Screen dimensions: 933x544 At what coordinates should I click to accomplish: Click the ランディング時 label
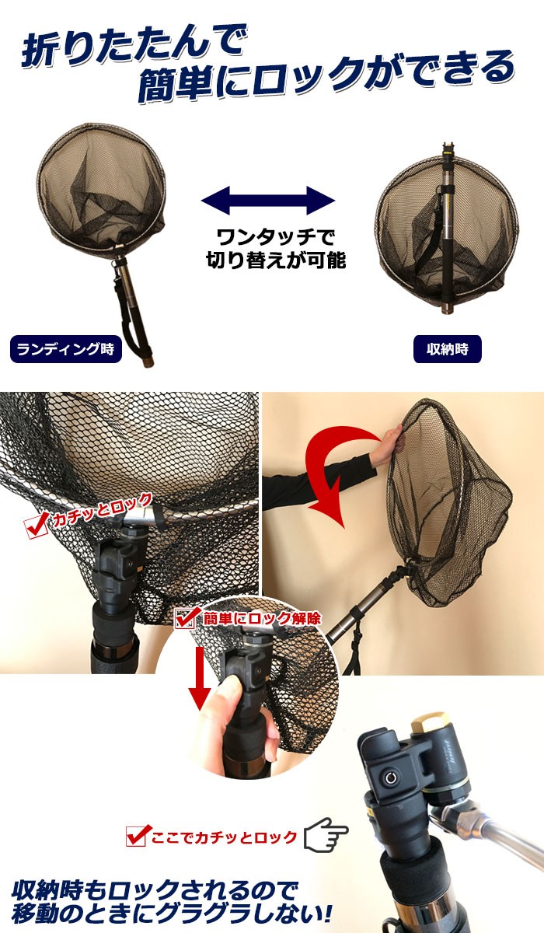[x=65, y=349]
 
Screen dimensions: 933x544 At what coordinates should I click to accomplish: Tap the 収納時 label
[x=448, y=349]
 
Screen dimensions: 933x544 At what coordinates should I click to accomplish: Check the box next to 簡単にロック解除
[x=186, y=618]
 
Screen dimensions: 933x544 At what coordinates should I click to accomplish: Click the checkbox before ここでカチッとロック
[x=137, y=837]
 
